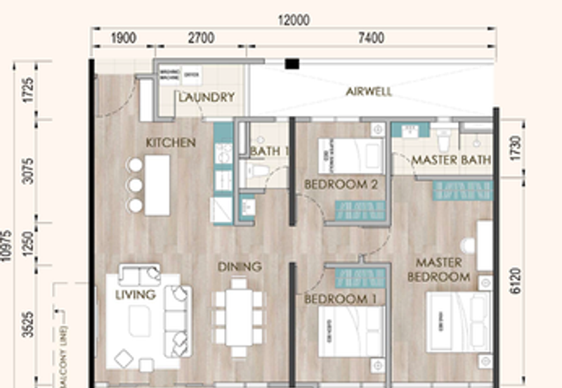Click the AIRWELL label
pos(368,92)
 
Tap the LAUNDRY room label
pos(206,98)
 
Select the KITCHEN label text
pos(171,143)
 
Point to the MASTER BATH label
pos(451,160)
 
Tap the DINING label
pos(239,267)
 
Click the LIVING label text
pos(135,295)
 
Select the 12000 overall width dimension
pos(293,21)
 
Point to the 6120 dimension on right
pos(517,279)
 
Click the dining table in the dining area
pos(239,316)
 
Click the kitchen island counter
pos(157,185)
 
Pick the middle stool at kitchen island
pos(134,185)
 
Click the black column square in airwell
pos(292,65)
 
